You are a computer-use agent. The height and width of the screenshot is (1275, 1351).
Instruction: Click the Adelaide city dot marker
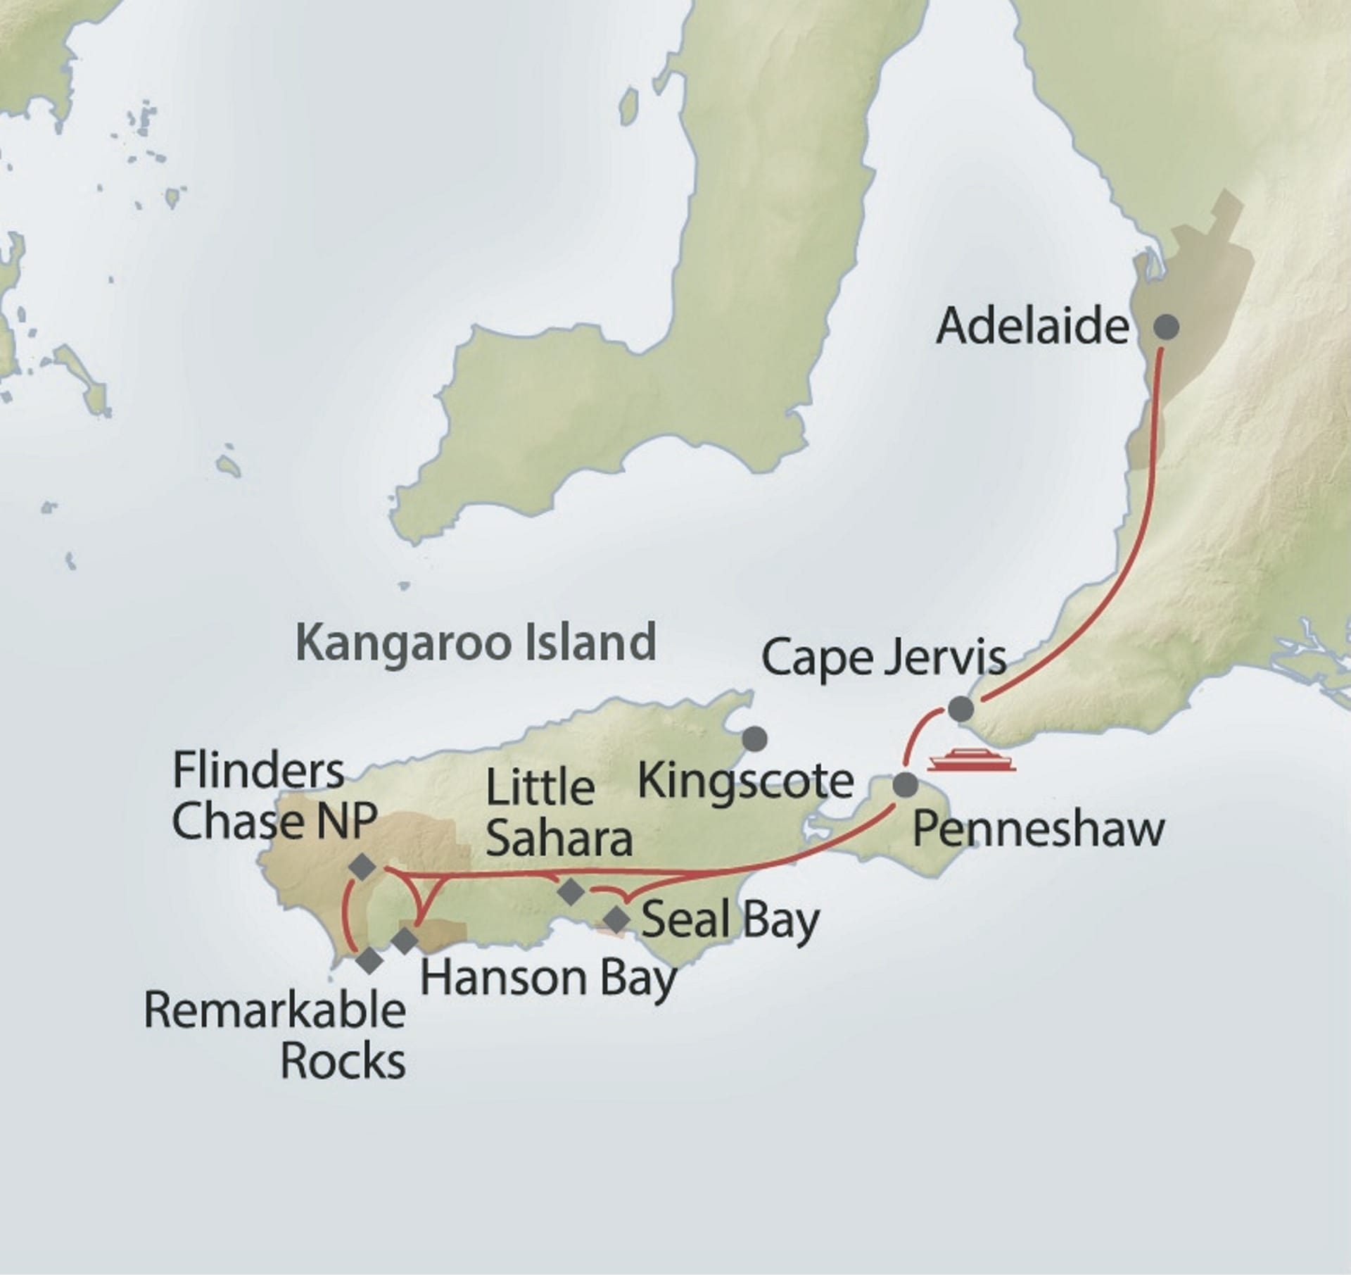[1167, 327]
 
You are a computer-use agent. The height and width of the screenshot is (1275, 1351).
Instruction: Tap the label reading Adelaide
[1032, 327]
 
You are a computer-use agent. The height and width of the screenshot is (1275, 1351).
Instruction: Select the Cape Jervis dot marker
[960, 708]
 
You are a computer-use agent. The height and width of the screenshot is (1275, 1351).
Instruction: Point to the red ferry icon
[972, 761]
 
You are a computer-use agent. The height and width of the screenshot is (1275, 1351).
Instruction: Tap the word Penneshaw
[1038, 830]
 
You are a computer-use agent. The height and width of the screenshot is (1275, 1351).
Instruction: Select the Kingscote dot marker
[755, 739]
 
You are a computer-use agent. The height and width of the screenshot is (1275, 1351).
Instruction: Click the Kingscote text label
[745, 781]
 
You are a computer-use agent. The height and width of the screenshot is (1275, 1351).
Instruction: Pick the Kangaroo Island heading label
[476, 642]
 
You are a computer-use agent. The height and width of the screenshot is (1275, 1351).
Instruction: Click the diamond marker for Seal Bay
[617, 919]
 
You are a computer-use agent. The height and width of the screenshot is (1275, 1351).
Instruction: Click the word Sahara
[559, 839]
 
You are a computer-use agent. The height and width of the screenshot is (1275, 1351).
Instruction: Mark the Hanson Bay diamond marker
[405, 941]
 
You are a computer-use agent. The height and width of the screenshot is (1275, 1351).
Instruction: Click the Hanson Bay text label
[547, 978]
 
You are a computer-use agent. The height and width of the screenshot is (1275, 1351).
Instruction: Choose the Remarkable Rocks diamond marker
[369, 960]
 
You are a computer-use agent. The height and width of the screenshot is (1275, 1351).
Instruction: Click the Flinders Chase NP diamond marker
[363, 867]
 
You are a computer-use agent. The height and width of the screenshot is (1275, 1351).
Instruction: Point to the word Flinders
[258, 771]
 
